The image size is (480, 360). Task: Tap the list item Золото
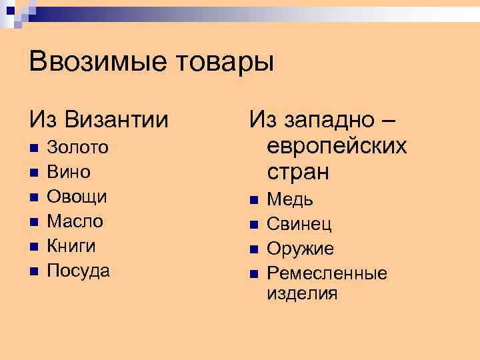pyautogui.click(x=79, y=147)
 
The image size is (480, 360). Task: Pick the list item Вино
pyautogui.click(x=69, y=172)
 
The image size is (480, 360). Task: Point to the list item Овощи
pyautogui.click(x=77, y=197)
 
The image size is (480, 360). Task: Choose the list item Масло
pyautogui.click(x=75, y=221)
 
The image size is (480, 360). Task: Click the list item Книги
pyautogui.click(x=72, y=245)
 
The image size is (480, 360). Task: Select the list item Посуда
pyautogui.click(x=79, y=270)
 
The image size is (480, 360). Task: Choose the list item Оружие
pyautogui.click(x=300, y=249)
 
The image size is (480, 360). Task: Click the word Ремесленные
pyautogui.click(x=327, y=273)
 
